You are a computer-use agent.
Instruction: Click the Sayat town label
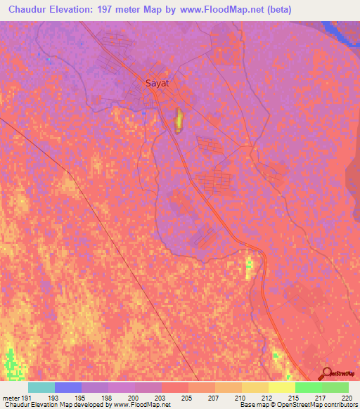(x=157, y=83)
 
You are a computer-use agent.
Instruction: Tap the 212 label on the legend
(x=267, y=398)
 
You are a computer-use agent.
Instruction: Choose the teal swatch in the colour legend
(x=41, y=387)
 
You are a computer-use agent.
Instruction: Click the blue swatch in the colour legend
(x=67, y=387)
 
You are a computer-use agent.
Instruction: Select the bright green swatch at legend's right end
(x=335, y=387)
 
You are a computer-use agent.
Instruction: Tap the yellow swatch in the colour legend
(x=281, y=387)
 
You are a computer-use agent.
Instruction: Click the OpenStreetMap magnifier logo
(x=326, y=373)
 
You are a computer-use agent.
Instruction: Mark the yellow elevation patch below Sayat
(x=179, y=121)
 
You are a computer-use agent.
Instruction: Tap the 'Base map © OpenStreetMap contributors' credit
(x=298, y=405)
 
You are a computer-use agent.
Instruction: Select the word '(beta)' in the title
(x=276, y=10)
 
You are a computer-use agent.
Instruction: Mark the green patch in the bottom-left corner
(x=11, y=362)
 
